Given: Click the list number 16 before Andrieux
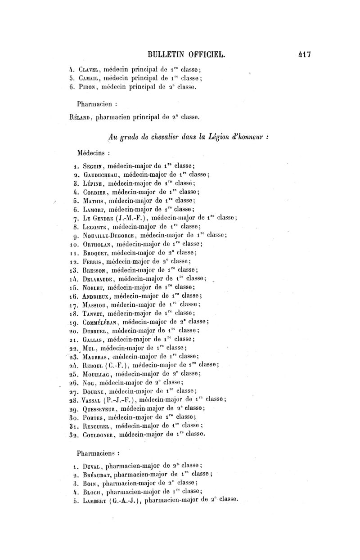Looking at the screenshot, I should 72,296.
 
